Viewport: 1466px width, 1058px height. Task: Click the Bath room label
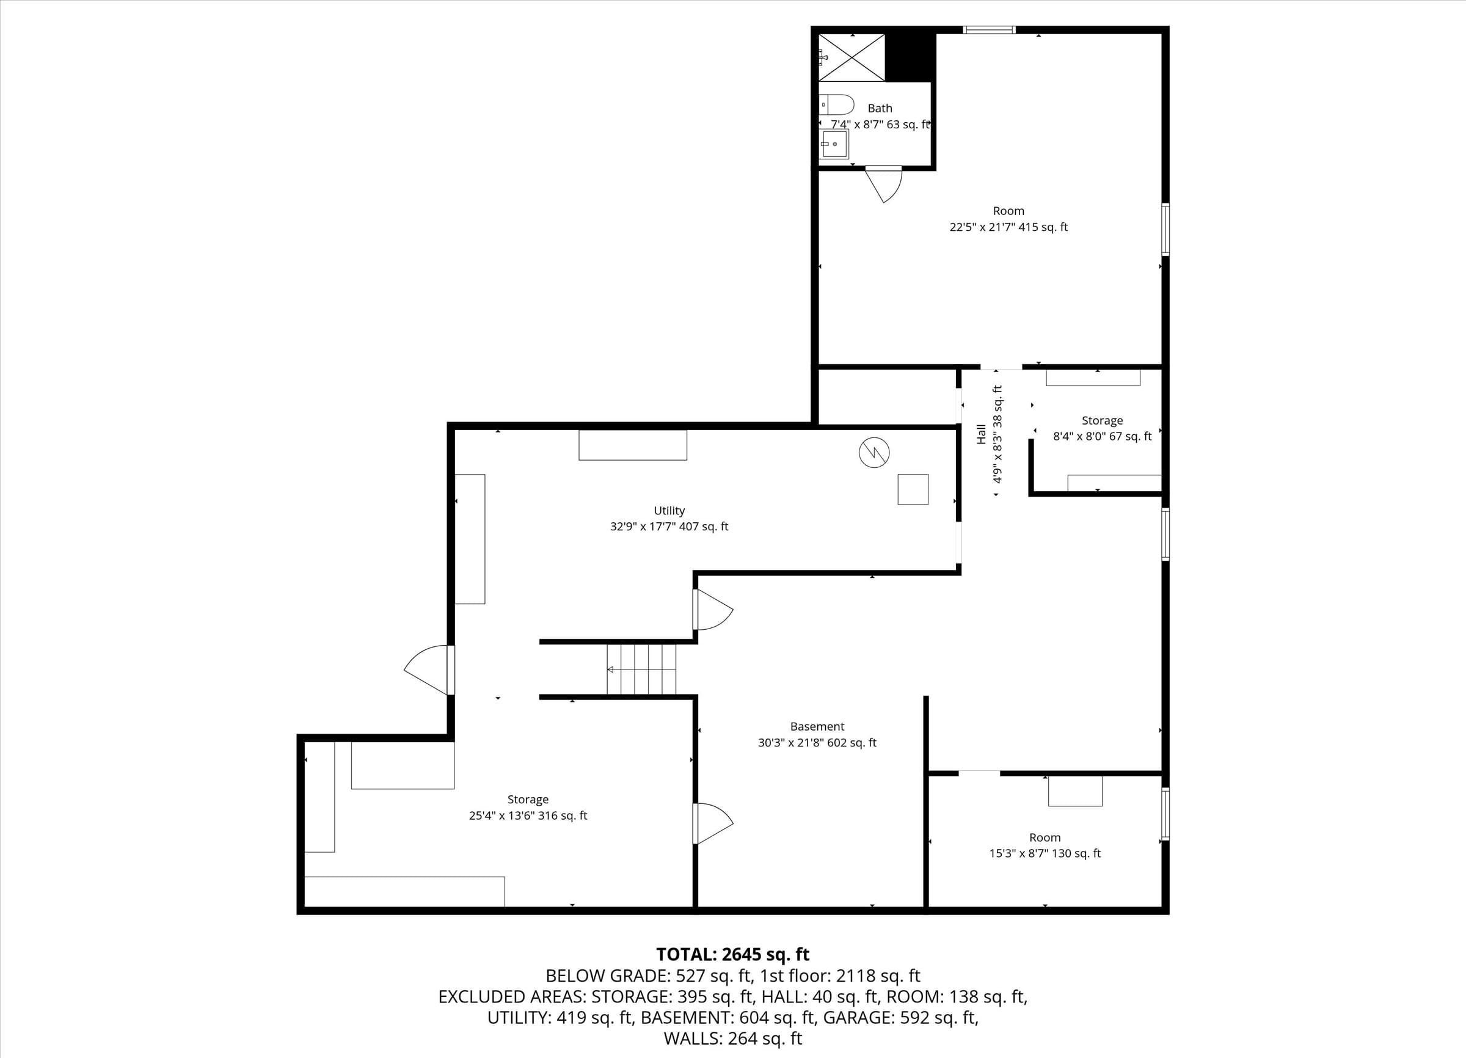tap(880, 109)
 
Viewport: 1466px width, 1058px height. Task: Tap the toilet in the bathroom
tap(836, 104)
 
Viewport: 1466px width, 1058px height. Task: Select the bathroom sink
tap(834, 144)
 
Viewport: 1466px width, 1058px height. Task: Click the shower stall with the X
tap(852, 57)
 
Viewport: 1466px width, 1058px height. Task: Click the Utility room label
tap(669, 511)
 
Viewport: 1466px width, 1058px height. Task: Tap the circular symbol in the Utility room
tap(874, 453)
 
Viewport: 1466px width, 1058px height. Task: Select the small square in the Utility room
tap(913, 489)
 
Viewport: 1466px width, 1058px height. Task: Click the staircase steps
tap(641, 669)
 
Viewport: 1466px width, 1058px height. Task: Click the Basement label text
tap(817, 726)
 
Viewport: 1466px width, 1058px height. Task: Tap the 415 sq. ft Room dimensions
tap(1008, 227)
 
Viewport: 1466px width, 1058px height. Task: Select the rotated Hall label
tap(981, 434)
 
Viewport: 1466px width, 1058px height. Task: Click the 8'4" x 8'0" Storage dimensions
tap(1102, 436)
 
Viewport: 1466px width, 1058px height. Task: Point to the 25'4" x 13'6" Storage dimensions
tap(528, 815)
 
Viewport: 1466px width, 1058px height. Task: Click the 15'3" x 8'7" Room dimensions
tap(1045, 853)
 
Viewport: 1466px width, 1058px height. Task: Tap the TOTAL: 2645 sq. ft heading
tap(733, 954)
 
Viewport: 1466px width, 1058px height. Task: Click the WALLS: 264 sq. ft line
tap(733, 1038)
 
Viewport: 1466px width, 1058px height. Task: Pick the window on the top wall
tap(989, 29)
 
